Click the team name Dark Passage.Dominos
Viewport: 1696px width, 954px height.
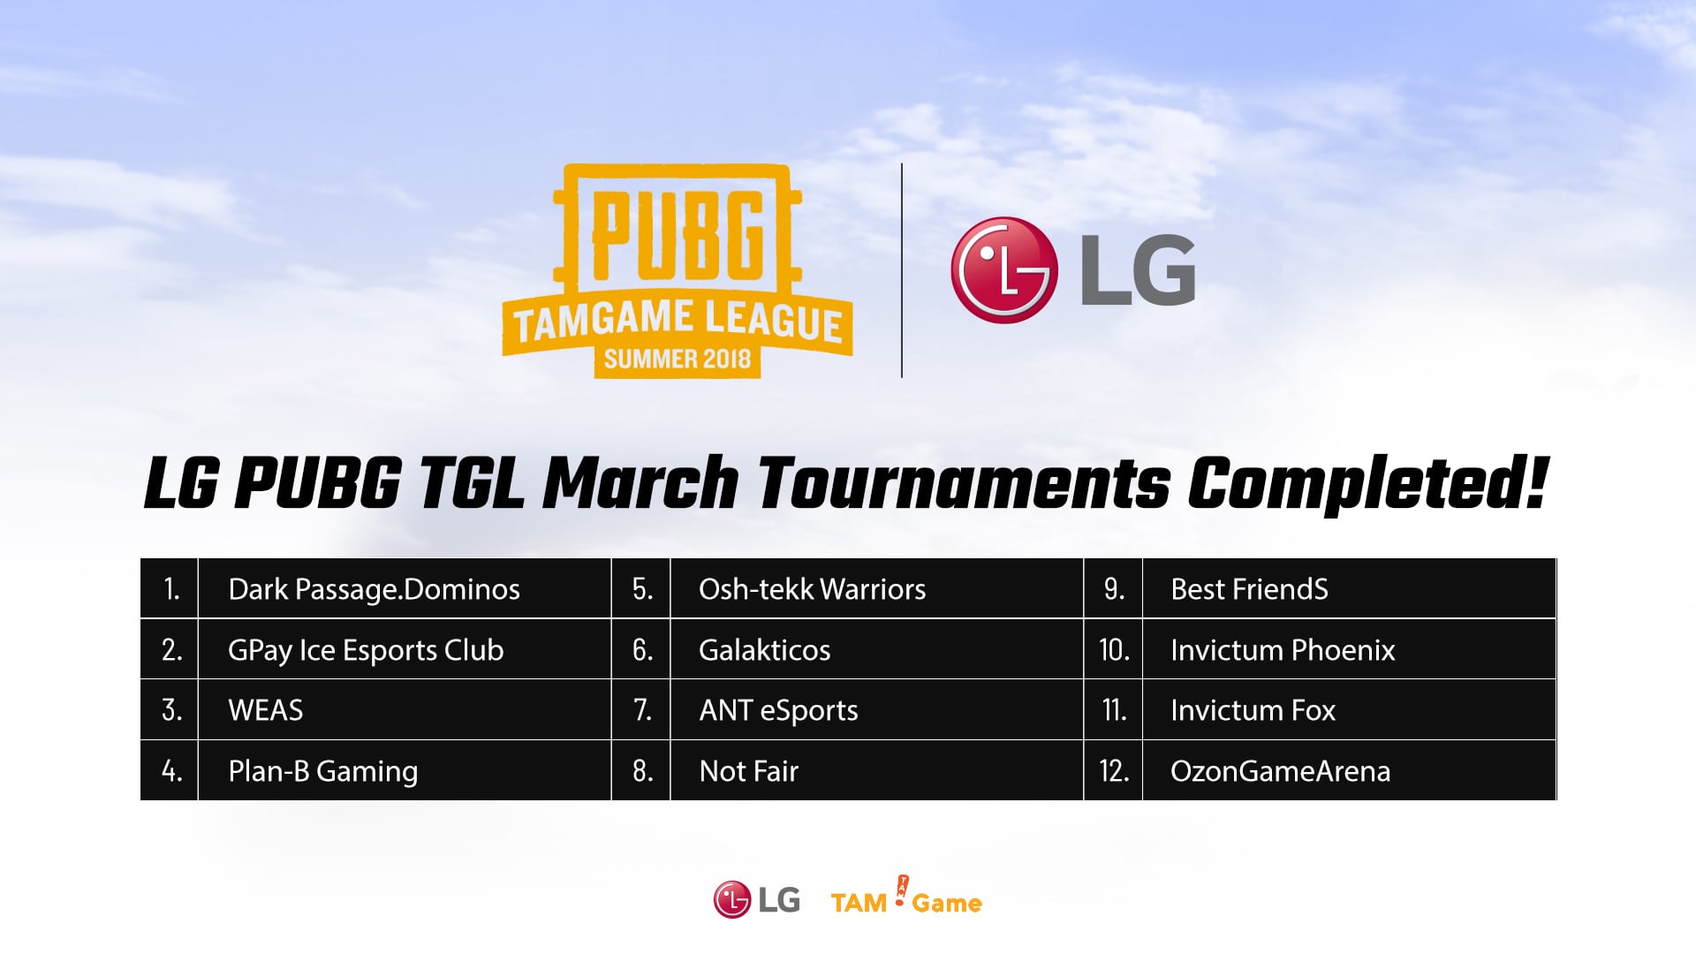(374, 589)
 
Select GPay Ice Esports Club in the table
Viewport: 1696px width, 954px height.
(366, 650)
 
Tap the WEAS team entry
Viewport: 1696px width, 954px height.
(265, 710)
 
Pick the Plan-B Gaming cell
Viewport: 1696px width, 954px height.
(322, 771)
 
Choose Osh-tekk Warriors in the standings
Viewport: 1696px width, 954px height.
(812, 589)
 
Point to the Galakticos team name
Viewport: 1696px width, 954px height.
(764, 650)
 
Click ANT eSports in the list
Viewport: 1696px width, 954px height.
(778, 710)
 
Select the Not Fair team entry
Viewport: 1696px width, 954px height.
(748, 771)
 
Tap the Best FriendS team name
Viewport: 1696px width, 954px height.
(1249, 589)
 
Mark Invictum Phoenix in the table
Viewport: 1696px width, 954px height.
(1283, 650)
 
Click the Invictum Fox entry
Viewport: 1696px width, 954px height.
(1253, 710)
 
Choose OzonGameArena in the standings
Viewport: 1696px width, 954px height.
(1280, 771)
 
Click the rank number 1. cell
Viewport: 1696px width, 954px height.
(171, 589)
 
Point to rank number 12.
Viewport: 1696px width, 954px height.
(1114, 771)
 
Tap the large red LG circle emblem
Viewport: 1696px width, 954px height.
(1004, 269)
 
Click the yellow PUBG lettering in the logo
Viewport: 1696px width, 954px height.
(678, 234)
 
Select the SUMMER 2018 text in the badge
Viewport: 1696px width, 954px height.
(678, 359)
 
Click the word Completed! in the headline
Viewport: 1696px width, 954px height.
(1367, 483)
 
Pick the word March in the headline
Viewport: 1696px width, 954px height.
(640, 483)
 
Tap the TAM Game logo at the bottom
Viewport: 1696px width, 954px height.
(906, 897)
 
